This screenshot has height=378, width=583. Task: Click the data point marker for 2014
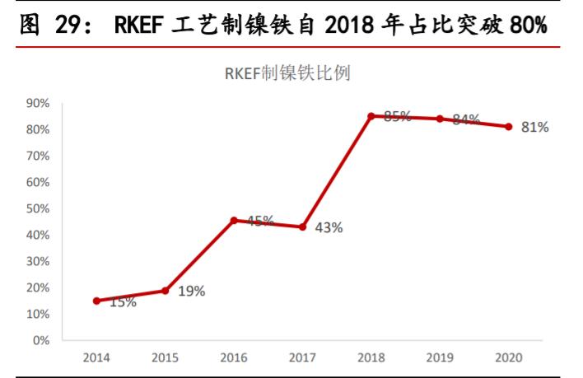[96, 301]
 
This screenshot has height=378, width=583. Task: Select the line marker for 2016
[234, 221]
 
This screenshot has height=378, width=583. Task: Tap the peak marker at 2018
[371, 116]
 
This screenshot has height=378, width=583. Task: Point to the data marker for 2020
[509, 127]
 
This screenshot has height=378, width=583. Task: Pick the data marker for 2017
[302, 226]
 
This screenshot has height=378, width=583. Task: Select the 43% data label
[329, 228]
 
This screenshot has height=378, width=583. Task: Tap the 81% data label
[534, 128]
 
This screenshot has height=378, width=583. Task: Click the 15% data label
[123, 303]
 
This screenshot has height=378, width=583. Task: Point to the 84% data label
[466, 119]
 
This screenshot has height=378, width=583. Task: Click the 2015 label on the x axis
[165, 358]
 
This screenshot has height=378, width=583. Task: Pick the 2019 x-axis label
[440, 358]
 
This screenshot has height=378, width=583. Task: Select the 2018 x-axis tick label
[371, 358]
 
